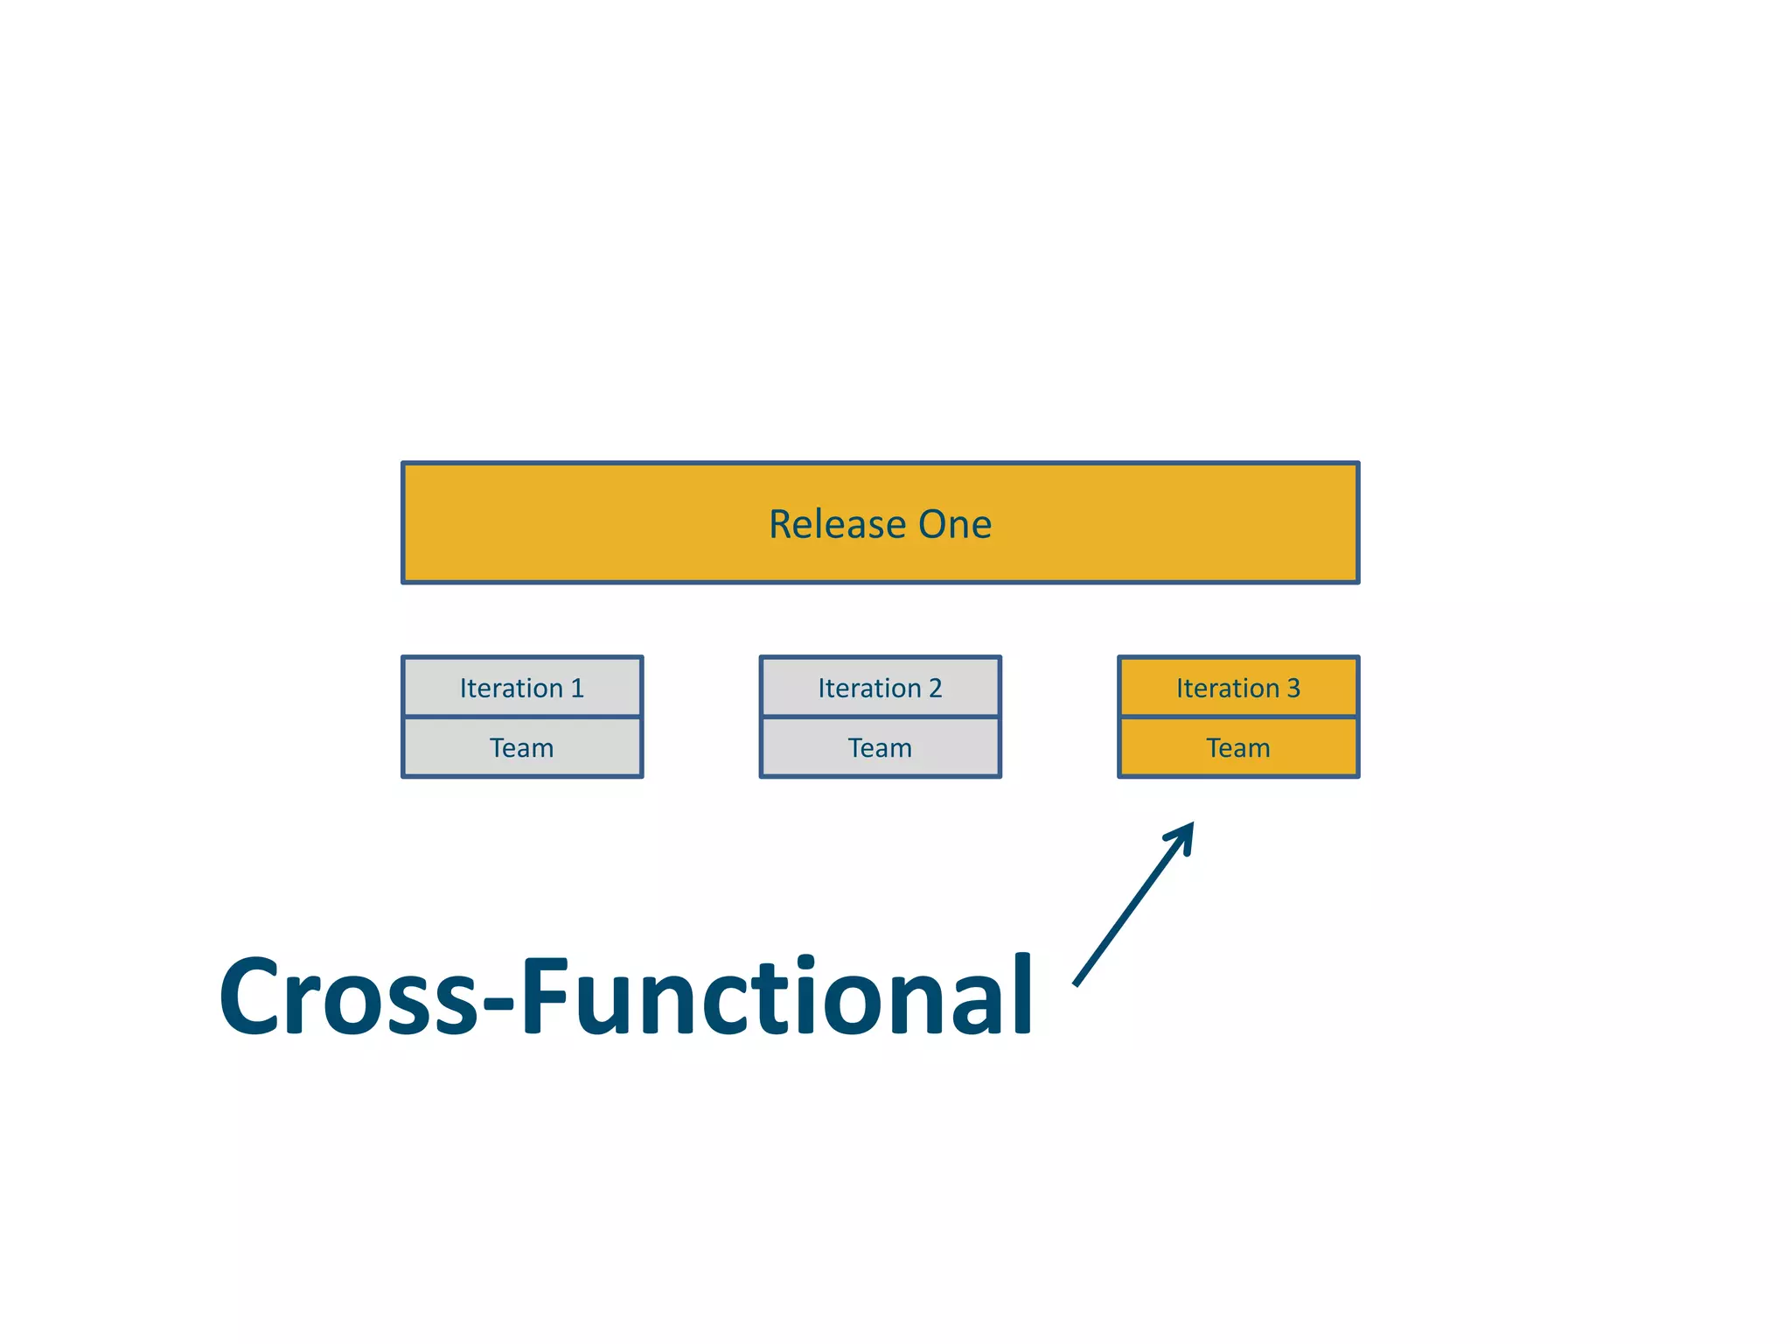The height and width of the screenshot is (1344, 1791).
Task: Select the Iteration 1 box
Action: click(x=522, y=688)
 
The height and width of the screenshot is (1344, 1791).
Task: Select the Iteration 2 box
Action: click(x=880, y=688)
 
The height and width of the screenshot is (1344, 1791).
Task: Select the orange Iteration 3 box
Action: click(x=1237, y=688)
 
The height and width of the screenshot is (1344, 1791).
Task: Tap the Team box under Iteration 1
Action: click(x=522, y=748)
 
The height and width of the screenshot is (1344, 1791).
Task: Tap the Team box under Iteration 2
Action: click(x=880, y=748)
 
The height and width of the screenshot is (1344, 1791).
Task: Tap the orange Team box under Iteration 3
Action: click(x=1237, y=748)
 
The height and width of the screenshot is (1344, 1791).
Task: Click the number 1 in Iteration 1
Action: click(x=577, y=689)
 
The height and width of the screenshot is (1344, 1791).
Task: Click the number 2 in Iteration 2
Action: click(x=935, y=689)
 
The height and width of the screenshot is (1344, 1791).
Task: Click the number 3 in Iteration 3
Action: click(x=1293, y=689)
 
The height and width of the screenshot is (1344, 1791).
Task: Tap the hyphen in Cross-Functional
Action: click(x=498, y=1003)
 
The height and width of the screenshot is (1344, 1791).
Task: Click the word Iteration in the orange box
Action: click(x=1227, y=689)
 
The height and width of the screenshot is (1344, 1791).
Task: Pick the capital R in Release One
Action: click(x=780, y=525)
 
